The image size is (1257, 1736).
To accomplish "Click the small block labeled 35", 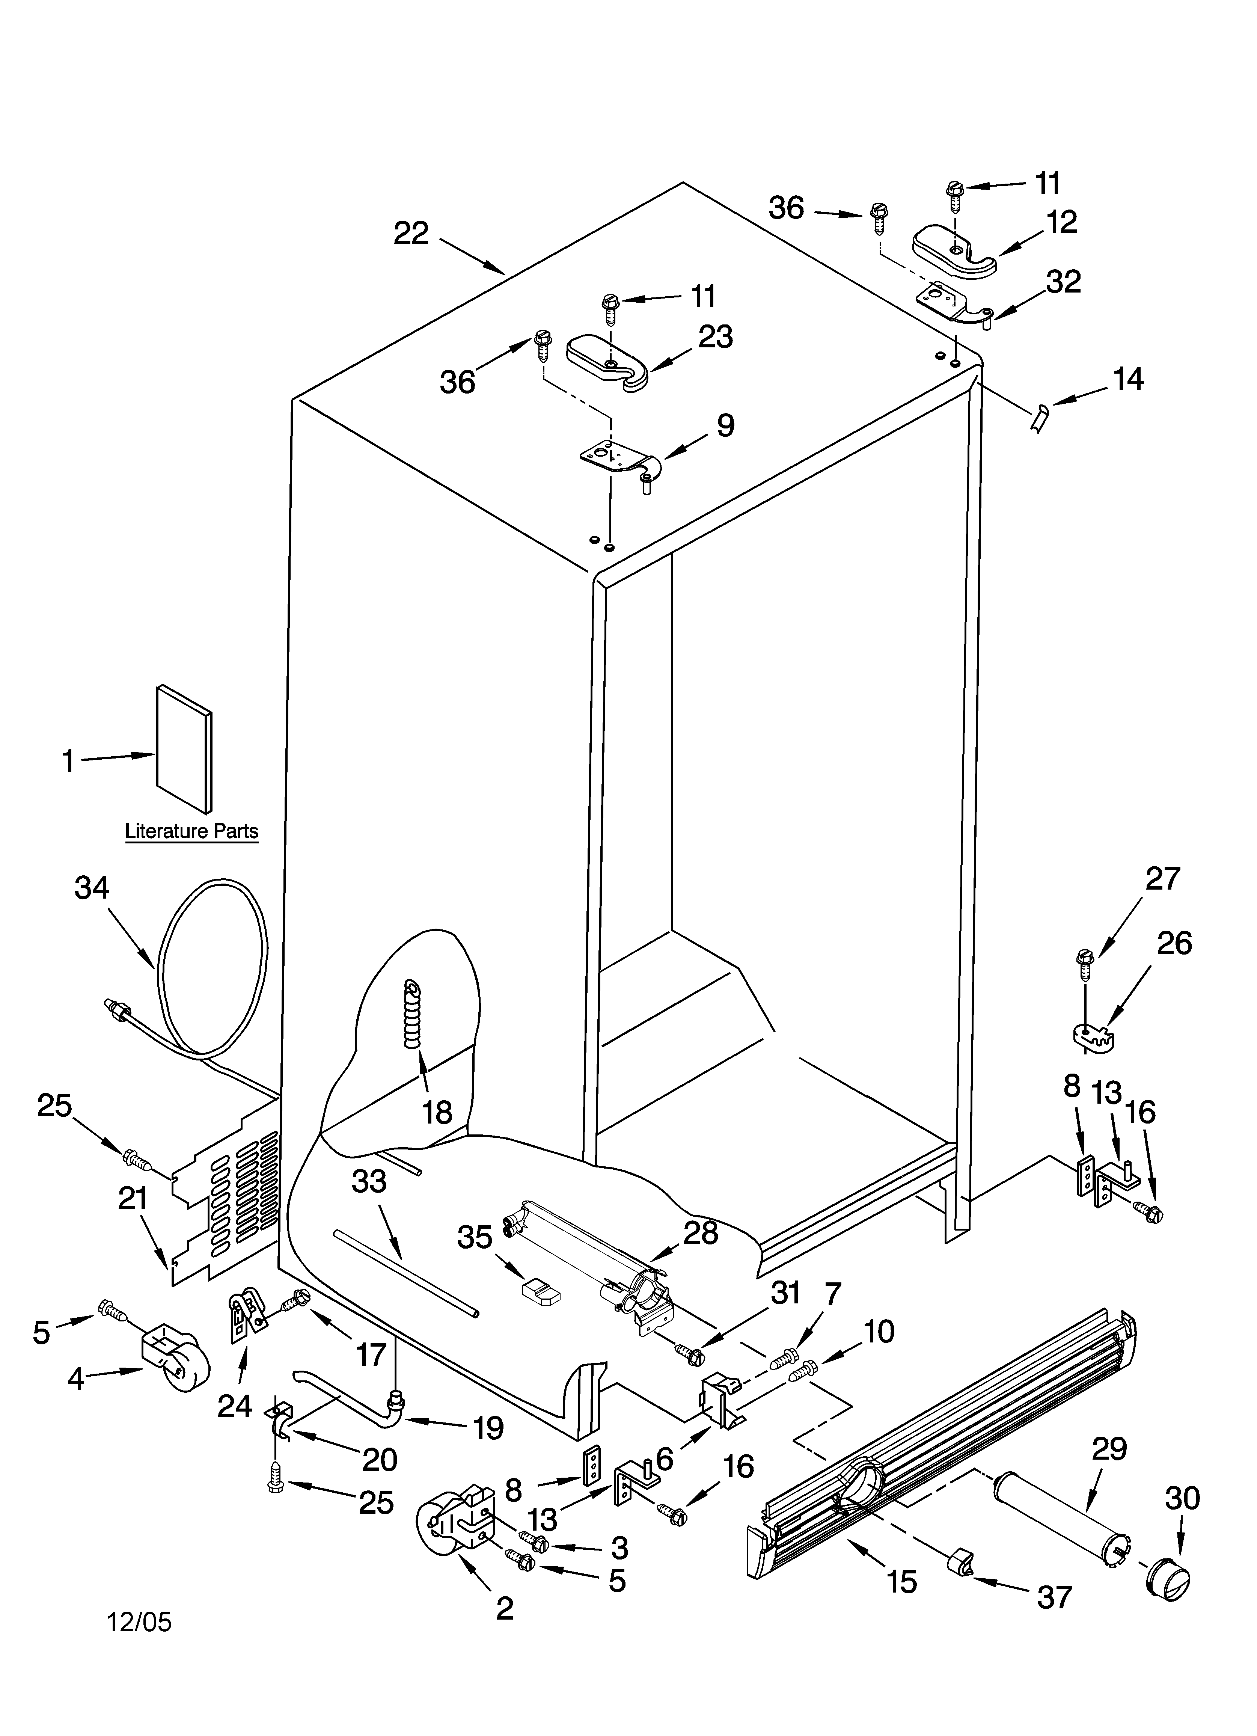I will [541, 1292].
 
